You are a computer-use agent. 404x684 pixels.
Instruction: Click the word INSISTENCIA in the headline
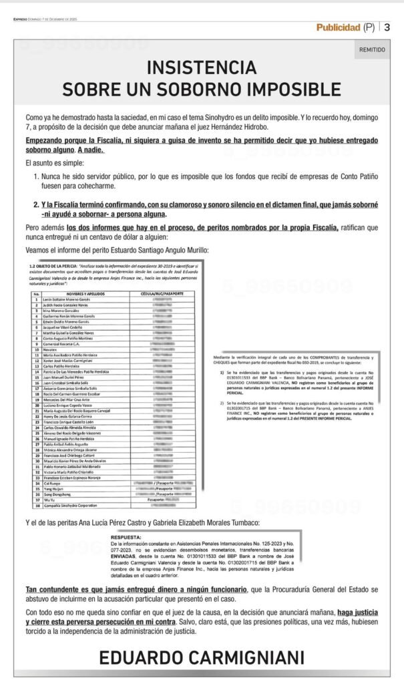point(202,67)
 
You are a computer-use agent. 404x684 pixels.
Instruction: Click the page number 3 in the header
point(387,27)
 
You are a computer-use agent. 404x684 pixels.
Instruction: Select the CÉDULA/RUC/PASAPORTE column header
point(168,293)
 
